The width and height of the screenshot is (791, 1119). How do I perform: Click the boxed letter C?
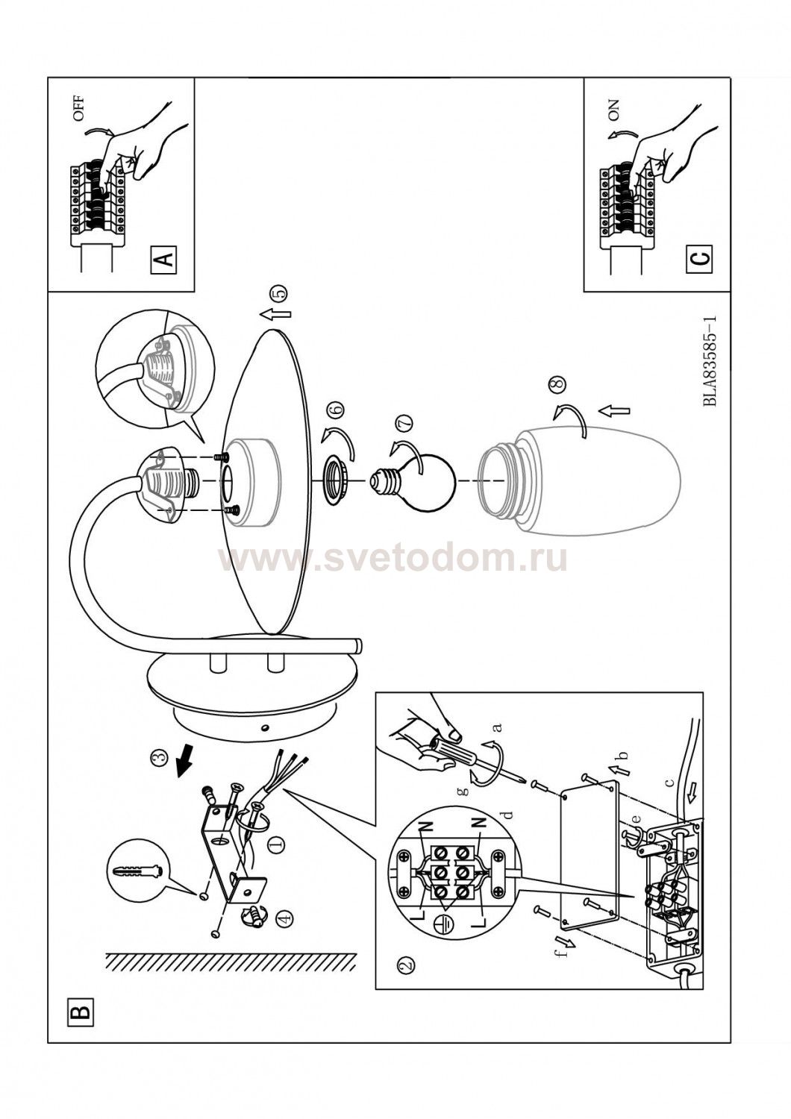coord(700,258)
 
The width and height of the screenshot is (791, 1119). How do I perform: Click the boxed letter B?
coord(79,1012)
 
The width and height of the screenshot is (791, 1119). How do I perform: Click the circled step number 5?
coord(281,292)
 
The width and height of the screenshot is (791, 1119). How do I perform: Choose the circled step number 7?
coord(404,422)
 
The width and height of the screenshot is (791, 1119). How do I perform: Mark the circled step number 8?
coord(559,383)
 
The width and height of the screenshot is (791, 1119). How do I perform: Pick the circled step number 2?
coord(407,963)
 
